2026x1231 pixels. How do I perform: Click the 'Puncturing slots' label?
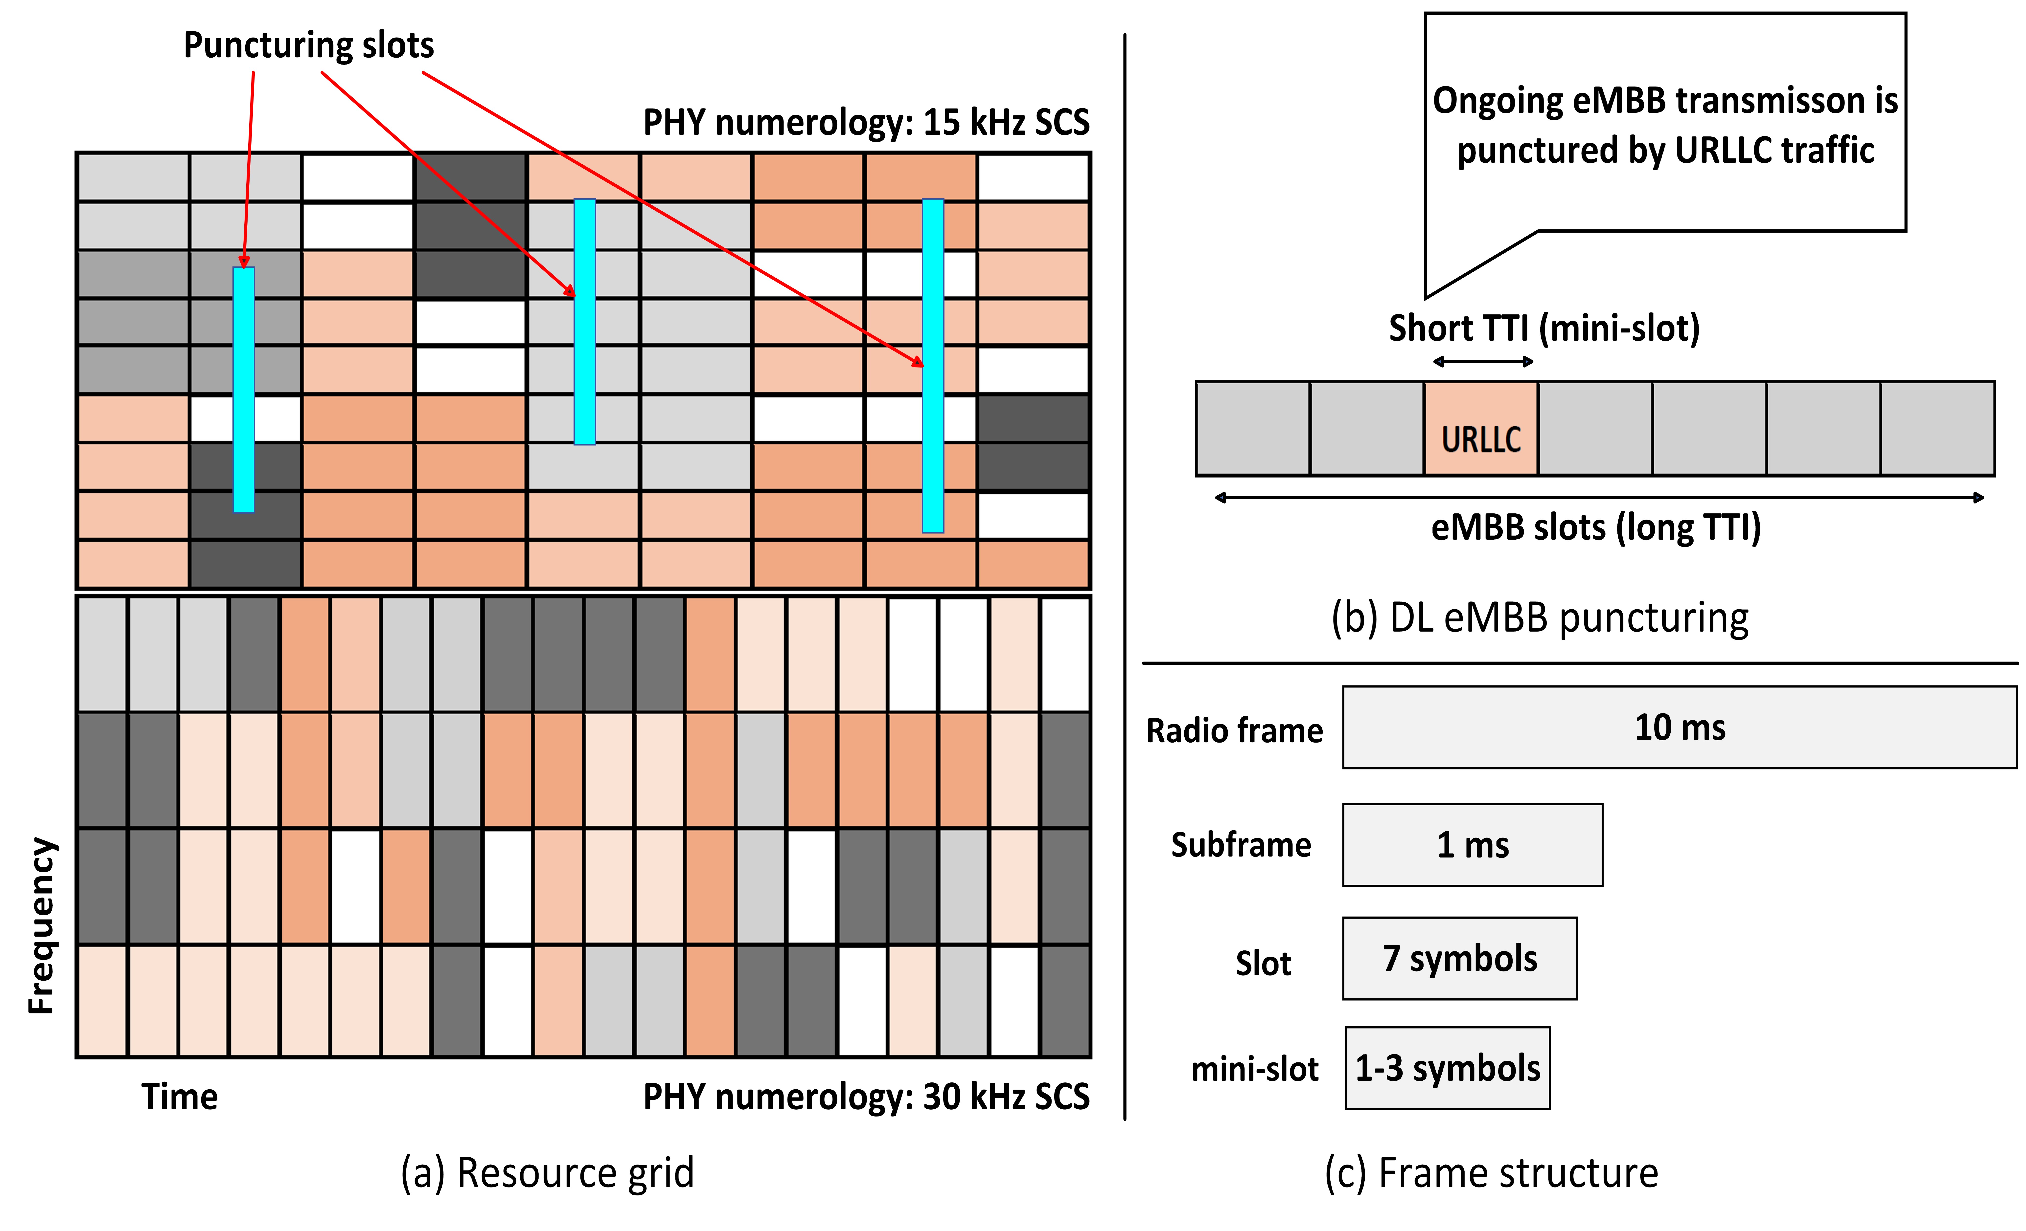pos(308,45)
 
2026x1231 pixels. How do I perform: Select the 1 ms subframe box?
pos(1472,845)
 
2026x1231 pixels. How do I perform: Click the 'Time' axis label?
pos(179,1097)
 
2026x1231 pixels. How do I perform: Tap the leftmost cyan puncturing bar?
pos(243,390)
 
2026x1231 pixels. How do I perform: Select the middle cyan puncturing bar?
pos(585,321)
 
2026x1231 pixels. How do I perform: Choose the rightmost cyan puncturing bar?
pos(932,366)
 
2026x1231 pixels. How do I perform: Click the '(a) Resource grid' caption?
pos(547,1173)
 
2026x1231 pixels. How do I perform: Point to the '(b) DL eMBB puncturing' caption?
pos(1539,618)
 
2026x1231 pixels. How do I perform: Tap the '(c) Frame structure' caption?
pos(1491,1173)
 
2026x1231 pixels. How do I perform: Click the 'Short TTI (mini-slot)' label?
pos(1543,328)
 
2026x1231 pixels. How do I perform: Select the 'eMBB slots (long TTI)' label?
pos(1595,528)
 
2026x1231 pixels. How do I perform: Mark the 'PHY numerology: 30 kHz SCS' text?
pos(866,1097)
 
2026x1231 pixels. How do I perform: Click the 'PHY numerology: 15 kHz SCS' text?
pos(866,122)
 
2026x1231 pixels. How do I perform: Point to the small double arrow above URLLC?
pos(1482,362)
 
